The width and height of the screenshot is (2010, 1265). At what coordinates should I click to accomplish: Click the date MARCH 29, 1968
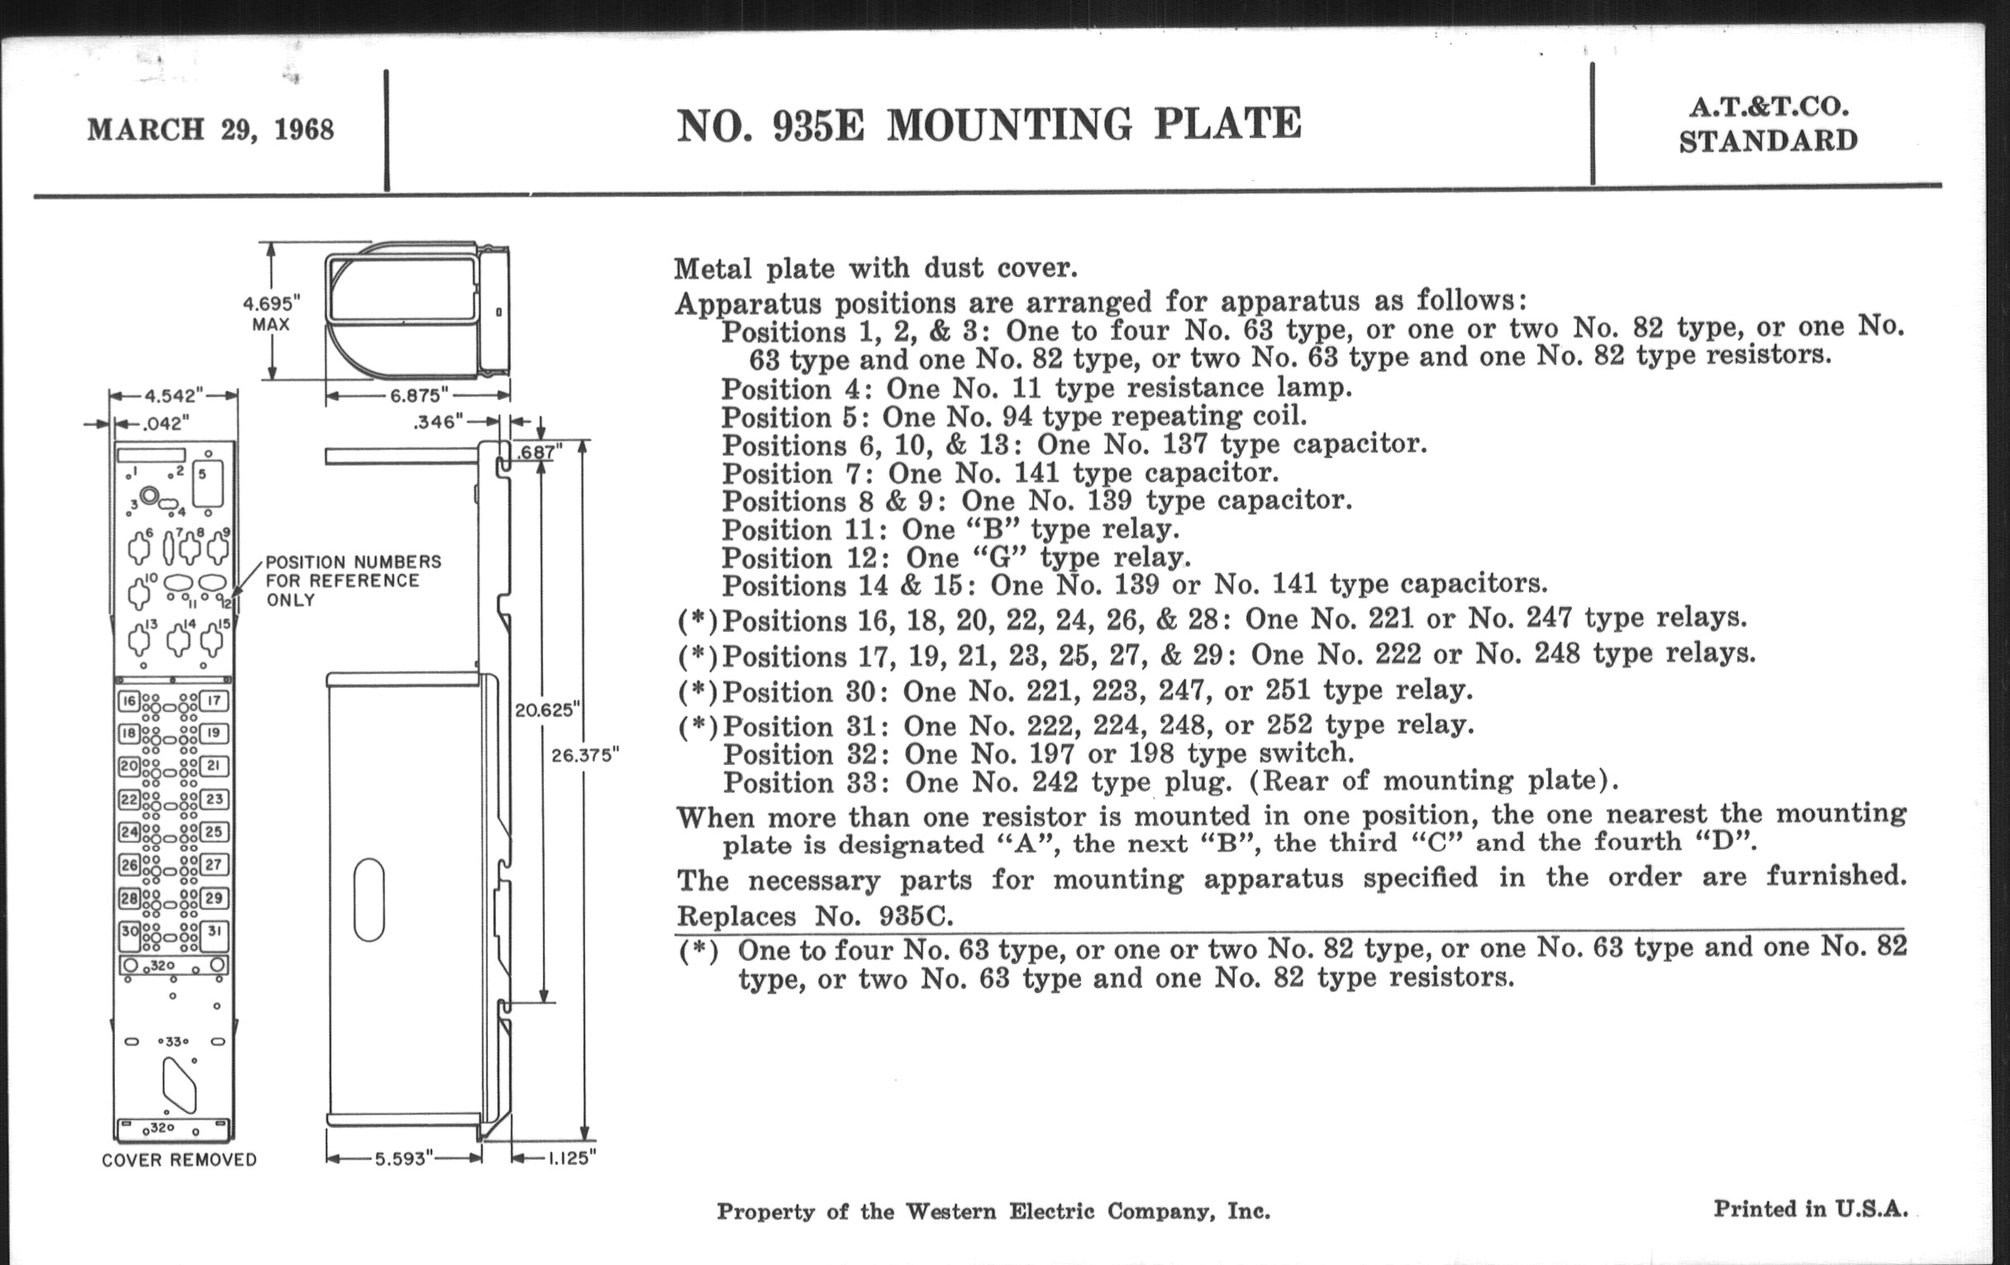[x=211, y=130]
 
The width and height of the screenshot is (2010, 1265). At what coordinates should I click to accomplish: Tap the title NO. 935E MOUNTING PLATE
[x=988, y=125]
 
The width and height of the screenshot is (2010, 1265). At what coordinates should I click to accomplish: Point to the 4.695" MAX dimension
[x=271, y=313]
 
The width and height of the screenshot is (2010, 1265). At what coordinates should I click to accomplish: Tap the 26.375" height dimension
[x=585, y=756]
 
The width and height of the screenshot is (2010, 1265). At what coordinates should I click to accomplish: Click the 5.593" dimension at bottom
[x=404, y=1159]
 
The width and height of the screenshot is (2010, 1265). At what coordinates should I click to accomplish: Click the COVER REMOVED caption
[x=179, y=1160]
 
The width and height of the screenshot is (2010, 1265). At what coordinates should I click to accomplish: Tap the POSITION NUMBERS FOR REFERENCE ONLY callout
[x=352, y=581]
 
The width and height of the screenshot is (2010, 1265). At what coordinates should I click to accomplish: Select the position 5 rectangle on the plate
[x=207, y=485]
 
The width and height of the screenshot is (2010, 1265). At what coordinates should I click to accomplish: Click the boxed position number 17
[x=215, y=700]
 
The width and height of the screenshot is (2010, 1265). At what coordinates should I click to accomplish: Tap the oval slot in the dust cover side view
[x=369, y=901]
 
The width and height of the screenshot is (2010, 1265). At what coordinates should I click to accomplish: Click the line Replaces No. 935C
[x=814, y=917]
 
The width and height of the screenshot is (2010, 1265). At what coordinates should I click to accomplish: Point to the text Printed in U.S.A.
[x=1811, y=1208]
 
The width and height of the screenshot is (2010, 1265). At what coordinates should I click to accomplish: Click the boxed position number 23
[x=215, y=799]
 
